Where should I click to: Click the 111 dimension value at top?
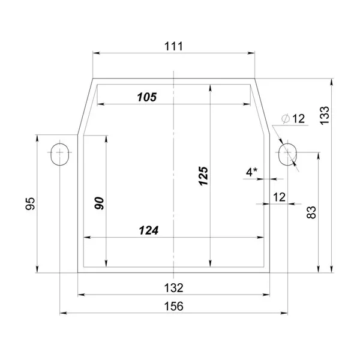pyautogui.click(x=174, y=46)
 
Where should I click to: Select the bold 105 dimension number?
pyautogui.click(x=147, y=97)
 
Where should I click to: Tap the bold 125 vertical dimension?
pyautogui.click(x=203, y=176)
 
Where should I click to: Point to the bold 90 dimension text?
pyautogui.click(x=99, y=203)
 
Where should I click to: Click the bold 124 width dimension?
pyautogui.click(x=149, y=230)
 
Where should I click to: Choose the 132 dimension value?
pyautogui.click(x=174, y=287)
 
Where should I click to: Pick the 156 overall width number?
pyautogui.click(x=174, y=306)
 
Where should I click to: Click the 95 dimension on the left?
pyautogui.click(x=30, y=203)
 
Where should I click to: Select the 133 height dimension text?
pyautogui.click(x=325, y=115)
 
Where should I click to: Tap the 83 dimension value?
pyautogui.click(x=311, y=212)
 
